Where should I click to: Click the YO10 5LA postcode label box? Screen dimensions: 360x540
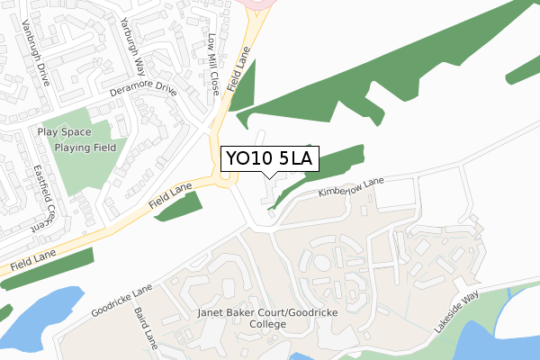click(269, 158)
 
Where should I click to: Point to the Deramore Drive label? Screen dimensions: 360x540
click(143, 91)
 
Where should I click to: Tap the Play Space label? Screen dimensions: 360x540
click(61, 131)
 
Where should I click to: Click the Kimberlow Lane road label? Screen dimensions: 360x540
click(351, 187)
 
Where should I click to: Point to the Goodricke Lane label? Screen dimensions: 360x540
click(122, 302)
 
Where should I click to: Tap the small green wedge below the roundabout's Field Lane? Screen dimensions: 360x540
click(181, 206)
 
